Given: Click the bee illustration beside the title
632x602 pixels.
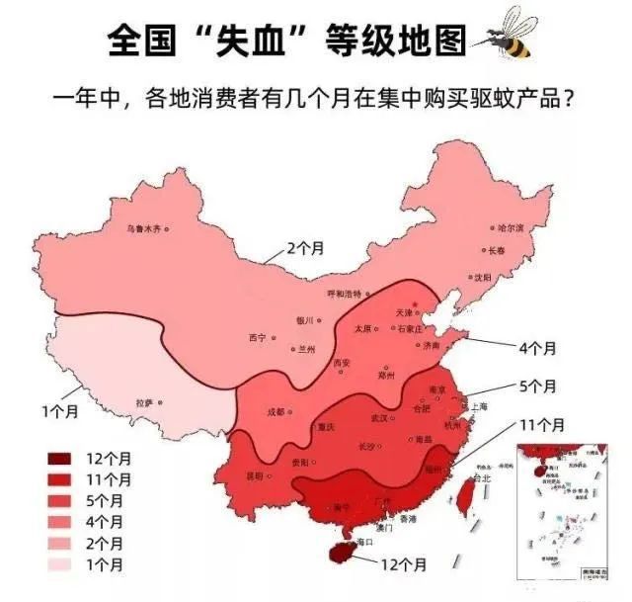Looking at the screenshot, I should pos(507,36).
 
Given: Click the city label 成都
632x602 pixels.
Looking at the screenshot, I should pos(276,411).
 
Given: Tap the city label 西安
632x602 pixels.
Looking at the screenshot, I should pos(341,363).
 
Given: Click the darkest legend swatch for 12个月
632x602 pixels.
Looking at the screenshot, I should pos(61,459).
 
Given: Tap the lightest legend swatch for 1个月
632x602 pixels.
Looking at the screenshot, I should pos(61,564).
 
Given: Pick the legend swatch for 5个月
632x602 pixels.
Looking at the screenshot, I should pos(61,501).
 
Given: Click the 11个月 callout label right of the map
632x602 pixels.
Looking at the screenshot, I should pos(541,425).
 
